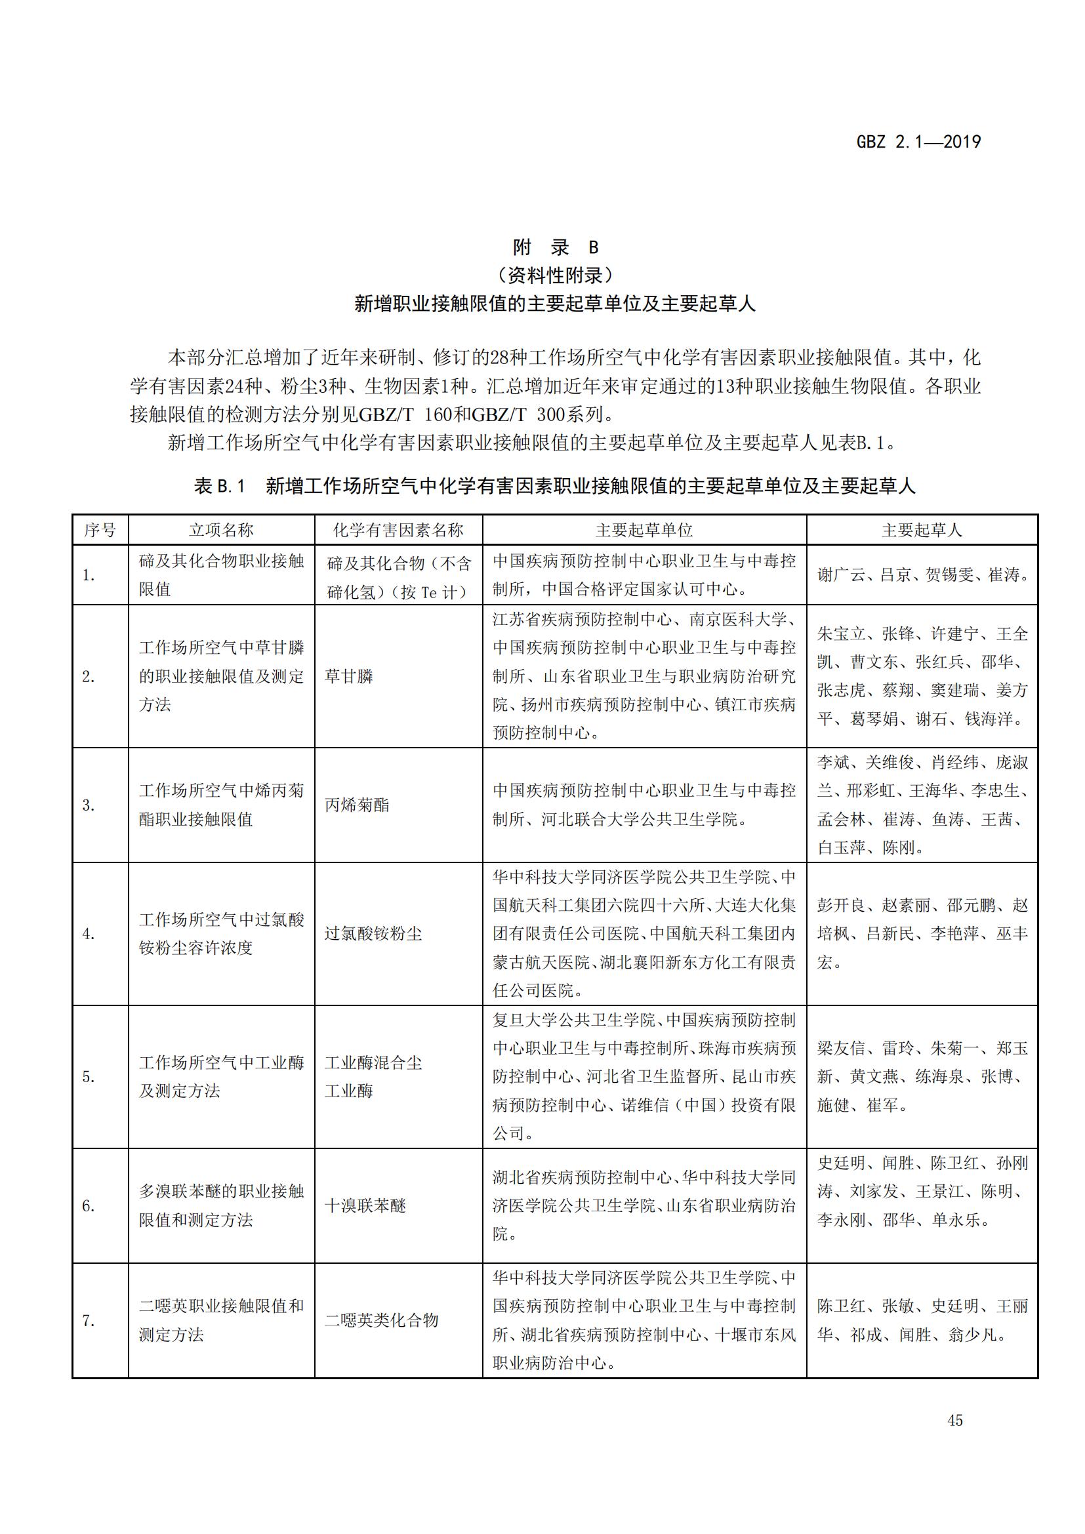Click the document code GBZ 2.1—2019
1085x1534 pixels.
(918, 142)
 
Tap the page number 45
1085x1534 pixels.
(954, 1420)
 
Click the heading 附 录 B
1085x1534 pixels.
(555, 247)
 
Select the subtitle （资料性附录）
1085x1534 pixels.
(555, 275)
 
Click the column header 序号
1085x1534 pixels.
(100, 530)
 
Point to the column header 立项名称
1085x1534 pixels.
(221, 530)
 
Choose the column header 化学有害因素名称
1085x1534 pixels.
(398, 530)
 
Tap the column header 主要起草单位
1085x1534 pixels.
(644, 530)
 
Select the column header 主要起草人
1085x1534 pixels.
(921, 530)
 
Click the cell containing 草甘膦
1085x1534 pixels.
(349, 676)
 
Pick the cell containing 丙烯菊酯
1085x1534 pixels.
(357, 805)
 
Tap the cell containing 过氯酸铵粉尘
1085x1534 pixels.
(373, 933)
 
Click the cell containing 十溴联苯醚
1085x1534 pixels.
(365, 1206)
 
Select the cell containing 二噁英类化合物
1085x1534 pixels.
(382, 1320)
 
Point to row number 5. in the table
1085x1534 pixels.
(89, 1077)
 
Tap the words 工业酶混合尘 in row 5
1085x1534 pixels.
(373, 1063)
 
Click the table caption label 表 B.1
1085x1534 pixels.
(220, 487)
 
